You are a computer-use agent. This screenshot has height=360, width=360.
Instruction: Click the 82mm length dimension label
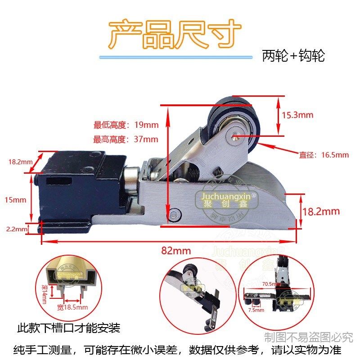[x=176, y=251]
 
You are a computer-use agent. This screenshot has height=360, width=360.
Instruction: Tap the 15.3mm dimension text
[x=297, y=115]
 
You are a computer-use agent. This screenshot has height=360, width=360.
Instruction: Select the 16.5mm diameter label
[x=324, y=155]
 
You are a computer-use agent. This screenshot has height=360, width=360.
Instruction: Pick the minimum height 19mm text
[x=126, y=125]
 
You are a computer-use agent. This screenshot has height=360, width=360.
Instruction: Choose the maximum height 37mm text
[x=126, y=139]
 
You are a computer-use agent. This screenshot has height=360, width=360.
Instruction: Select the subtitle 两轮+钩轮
[x=293, y=56]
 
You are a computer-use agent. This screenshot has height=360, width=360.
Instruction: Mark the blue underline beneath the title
[x=175, y=57]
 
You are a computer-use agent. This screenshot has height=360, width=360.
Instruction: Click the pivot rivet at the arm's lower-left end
[x=174, y=215]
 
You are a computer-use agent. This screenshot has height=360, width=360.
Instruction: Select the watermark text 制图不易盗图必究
[x=308, y=337]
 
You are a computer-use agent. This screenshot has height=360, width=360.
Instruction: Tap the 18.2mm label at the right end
[x=321, y=211]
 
